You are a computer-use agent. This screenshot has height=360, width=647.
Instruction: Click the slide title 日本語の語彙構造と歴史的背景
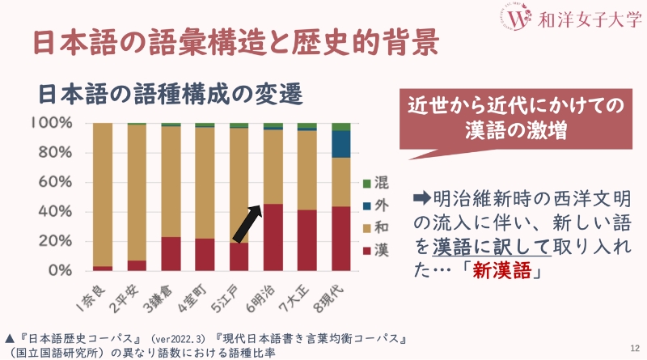(x=235, y=42)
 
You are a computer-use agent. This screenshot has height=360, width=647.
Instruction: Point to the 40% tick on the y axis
(x=53, y=211)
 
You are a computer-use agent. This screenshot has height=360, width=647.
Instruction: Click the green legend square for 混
(x=366, y=184)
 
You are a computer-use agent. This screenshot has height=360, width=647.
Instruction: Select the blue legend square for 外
(x=366, y=205)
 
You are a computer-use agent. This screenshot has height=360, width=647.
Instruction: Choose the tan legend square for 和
(x=366, y=227)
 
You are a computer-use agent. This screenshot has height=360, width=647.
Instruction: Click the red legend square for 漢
(x=366, y=250)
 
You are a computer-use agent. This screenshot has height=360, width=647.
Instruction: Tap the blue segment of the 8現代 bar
(x=340, y=144)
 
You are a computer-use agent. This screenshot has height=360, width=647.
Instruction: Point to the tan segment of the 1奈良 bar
(x=102, y=194)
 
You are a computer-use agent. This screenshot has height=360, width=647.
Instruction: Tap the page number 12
(x=633, y=347)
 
